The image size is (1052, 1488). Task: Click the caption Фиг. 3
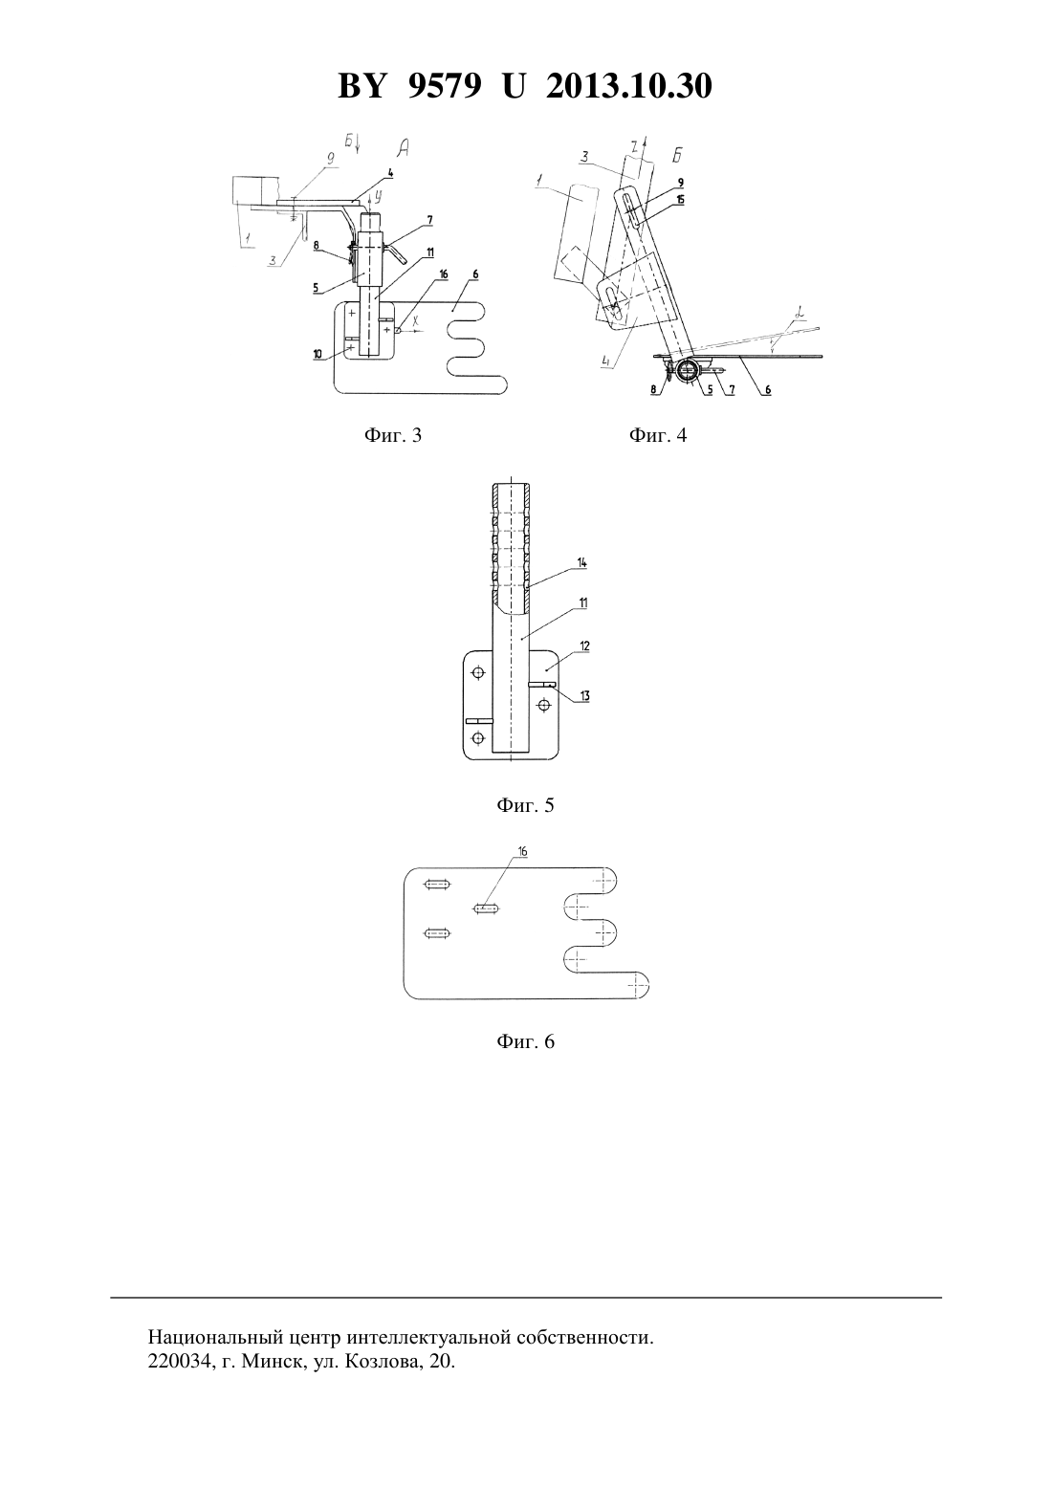[x=392, y=435]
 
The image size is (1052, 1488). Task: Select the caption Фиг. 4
[x=658, y=435]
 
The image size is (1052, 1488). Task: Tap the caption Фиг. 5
[x=525, y=805]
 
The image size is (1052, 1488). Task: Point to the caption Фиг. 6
[x=525, y=1041]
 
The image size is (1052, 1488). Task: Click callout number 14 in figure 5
[x=581, y=562]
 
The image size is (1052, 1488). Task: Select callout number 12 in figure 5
[x=584, y=646]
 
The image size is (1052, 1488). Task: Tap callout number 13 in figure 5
[x=584, y=695]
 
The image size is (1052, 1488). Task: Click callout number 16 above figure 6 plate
[x=523, y=852]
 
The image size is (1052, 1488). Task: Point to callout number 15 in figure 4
[x=681, y=199]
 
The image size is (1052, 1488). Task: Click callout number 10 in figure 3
[x=318, y=354]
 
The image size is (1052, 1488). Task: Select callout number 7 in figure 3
[x=429, y=219]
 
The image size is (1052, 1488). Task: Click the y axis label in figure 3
[x=378, y=197]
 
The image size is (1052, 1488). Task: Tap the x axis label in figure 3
[x=416, y=320]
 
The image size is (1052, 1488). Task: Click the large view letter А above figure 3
[x=404, y=147]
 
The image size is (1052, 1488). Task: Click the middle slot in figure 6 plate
[x=487, y=908]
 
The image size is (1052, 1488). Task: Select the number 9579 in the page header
[x=444, y=86]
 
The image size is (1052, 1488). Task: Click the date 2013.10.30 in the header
[x=629, y=86]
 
